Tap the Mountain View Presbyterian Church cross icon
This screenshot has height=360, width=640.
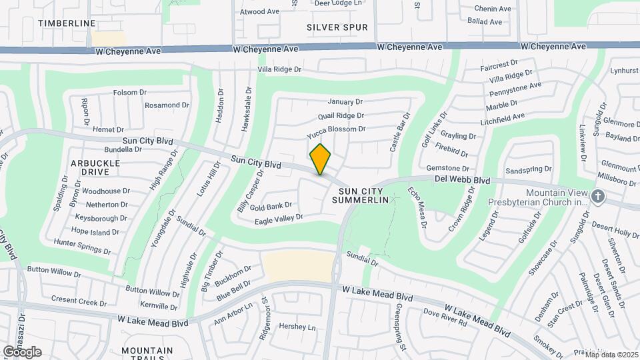click(x=598, y=196)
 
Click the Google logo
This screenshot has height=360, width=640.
click(x=22, y=351)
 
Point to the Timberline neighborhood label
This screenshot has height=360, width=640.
click(x=67, y=23)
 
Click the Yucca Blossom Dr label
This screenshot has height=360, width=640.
click(x=337, y=129)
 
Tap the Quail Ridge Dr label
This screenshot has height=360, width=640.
click(x=341, y=115)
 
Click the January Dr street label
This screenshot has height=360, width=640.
click(x=345, y=102)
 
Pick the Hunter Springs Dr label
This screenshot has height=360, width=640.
click(x=81, y=244)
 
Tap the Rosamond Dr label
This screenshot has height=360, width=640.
click(x=163, y=105)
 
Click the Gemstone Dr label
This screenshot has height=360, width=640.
click(x=448, y=169)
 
